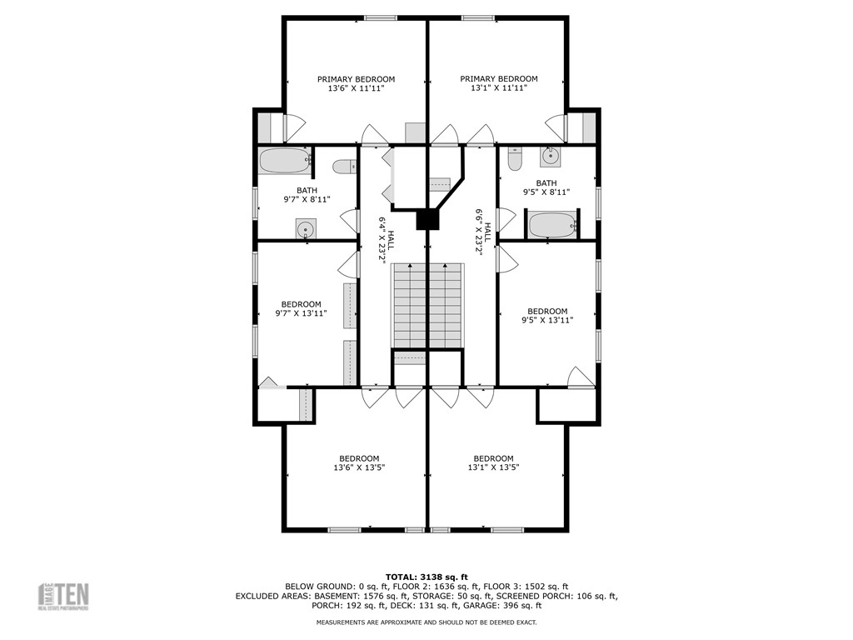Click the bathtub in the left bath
point(285,160)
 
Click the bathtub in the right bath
point(552,224)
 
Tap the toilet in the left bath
point(344,167)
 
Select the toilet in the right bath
point(514,157)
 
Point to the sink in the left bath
point(306,229)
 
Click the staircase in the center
point(427,305)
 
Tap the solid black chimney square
point(427,218)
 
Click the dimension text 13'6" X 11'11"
point(356,87)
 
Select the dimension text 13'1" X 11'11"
point(499,87)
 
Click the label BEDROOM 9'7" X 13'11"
point(301,308)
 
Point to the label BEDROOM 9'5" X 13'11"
point(547,315)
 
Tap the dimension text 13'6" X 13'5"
point(359,467)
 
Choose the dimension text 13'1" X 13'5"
point(494,467)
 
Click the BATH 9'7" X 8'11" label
point(307,195)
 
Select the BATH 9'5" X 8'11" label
point(546,187)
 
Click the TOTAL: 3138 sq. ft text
point(426,577)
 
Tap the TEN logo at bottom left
point(65,596)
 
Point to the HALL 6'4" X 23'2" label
point(383,240)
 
